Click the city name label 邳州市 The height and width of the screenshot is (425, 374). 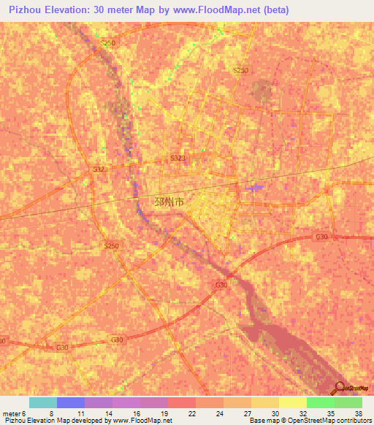pos(170,201)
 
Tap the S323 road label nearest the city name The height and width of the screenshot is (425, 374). pos(178,158)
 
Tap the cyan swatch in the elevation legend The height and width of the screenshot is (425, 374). pos(43,402)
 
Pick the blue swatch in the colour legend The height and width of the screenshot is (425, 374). pos(71,402)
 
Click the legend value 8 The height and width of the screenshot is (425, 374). pos(51,413)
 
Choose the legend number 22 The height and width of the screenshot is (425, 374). pos(191,413)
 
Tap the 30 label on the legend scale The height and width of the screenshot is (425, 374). pos(274,413)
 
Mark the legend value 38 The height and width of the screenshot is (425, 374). pos(357,413)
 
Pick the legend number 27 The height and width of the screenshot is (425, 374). pos(246,413)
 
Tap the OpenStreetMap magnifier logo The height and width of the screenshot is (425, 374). pos(340,388)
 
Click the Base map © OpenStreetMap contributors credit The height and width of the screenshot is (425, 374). pos(310,421)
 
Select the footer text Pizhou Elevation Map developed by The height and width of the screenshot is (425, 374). pos(55,421)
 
